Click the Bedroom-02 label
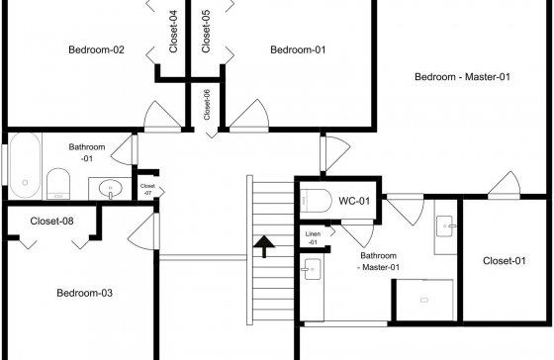tap(97, 49)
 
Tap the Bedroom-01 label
tap(298, 49)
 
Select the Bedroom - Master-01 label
tap(463, 77)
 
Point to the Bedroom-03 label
tap(85, 293)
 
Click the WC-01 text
tap(354, 201)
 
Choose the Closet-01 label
tap(505, 261)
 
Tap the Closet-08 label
tap(51, 222)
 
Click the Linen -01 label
tap(313, 238)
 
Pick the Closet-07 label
tap(147, 189)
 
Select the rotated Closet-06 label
tap(207, 105)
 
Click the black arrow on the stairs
tap(264, 246)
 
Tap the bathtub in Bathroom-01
tap(25, 165)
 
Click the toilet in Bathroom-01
tap(58, 184)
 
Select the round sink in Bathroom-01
tap(110, 188)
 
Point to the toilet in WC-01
tap(316, 201)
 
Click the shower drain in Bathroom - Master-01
tap(424, 300)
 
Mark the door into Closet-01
tap(505, 183)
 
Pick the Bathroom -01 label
tap(87, 152)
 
